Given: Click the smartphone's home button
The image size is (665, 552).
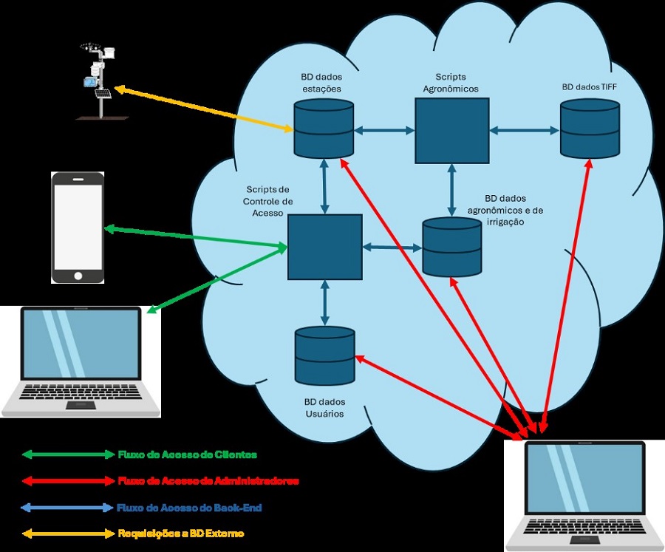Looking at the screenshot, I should tap(78, 276).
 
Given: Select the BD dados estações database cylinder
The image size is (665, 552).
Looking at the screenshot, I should tap(324, 129).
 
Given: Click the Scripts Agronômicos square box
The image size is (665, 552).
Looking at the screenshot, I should tap(451, 130).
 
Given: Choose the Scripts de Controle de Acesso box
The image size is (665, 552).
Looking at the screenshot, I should tap(324, 247).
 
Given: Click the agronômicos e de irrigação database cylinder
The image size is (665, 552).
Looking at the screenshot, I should tap(451, 247).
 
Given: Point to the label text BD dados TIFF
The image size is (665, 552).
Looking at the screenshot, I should tap(589, 86).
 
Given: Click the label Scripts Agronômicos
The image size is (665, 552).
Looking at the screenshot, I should tap(450, 83).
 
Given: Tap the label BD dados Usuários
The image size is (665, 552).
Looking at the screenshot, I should tap(324, 408).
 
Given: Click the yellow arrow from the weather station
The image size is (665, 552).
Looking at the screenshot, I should tap(203, 110).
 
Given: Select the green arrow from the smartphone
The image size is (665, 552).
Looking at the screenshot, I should tap(196, 239).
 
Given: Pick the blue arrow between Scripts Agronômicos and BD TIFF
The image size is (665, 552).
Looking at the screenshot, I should tap(524, 130).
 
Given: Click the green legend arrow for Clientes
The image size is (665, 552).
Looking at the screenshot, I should tap(66, 454).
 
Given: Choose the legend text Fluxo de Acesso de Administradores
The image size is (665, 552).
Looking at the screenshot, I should tap(208, 480).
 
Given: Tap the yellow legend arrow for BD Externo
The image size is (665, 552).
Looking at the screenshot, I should tap(66, 534).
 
